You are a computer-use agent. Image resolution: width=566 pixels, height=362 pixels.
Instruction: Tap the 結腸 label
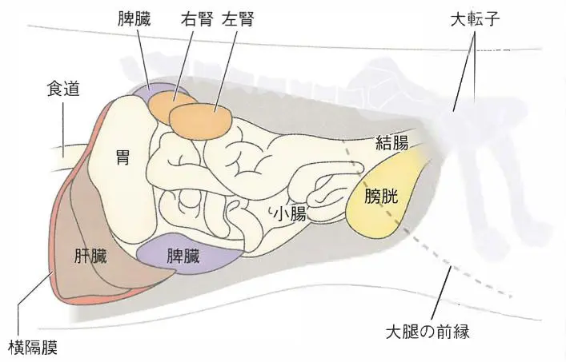392,145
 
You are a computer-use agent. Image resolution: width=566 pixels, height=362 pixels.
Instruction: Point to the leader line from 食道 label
62,128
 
